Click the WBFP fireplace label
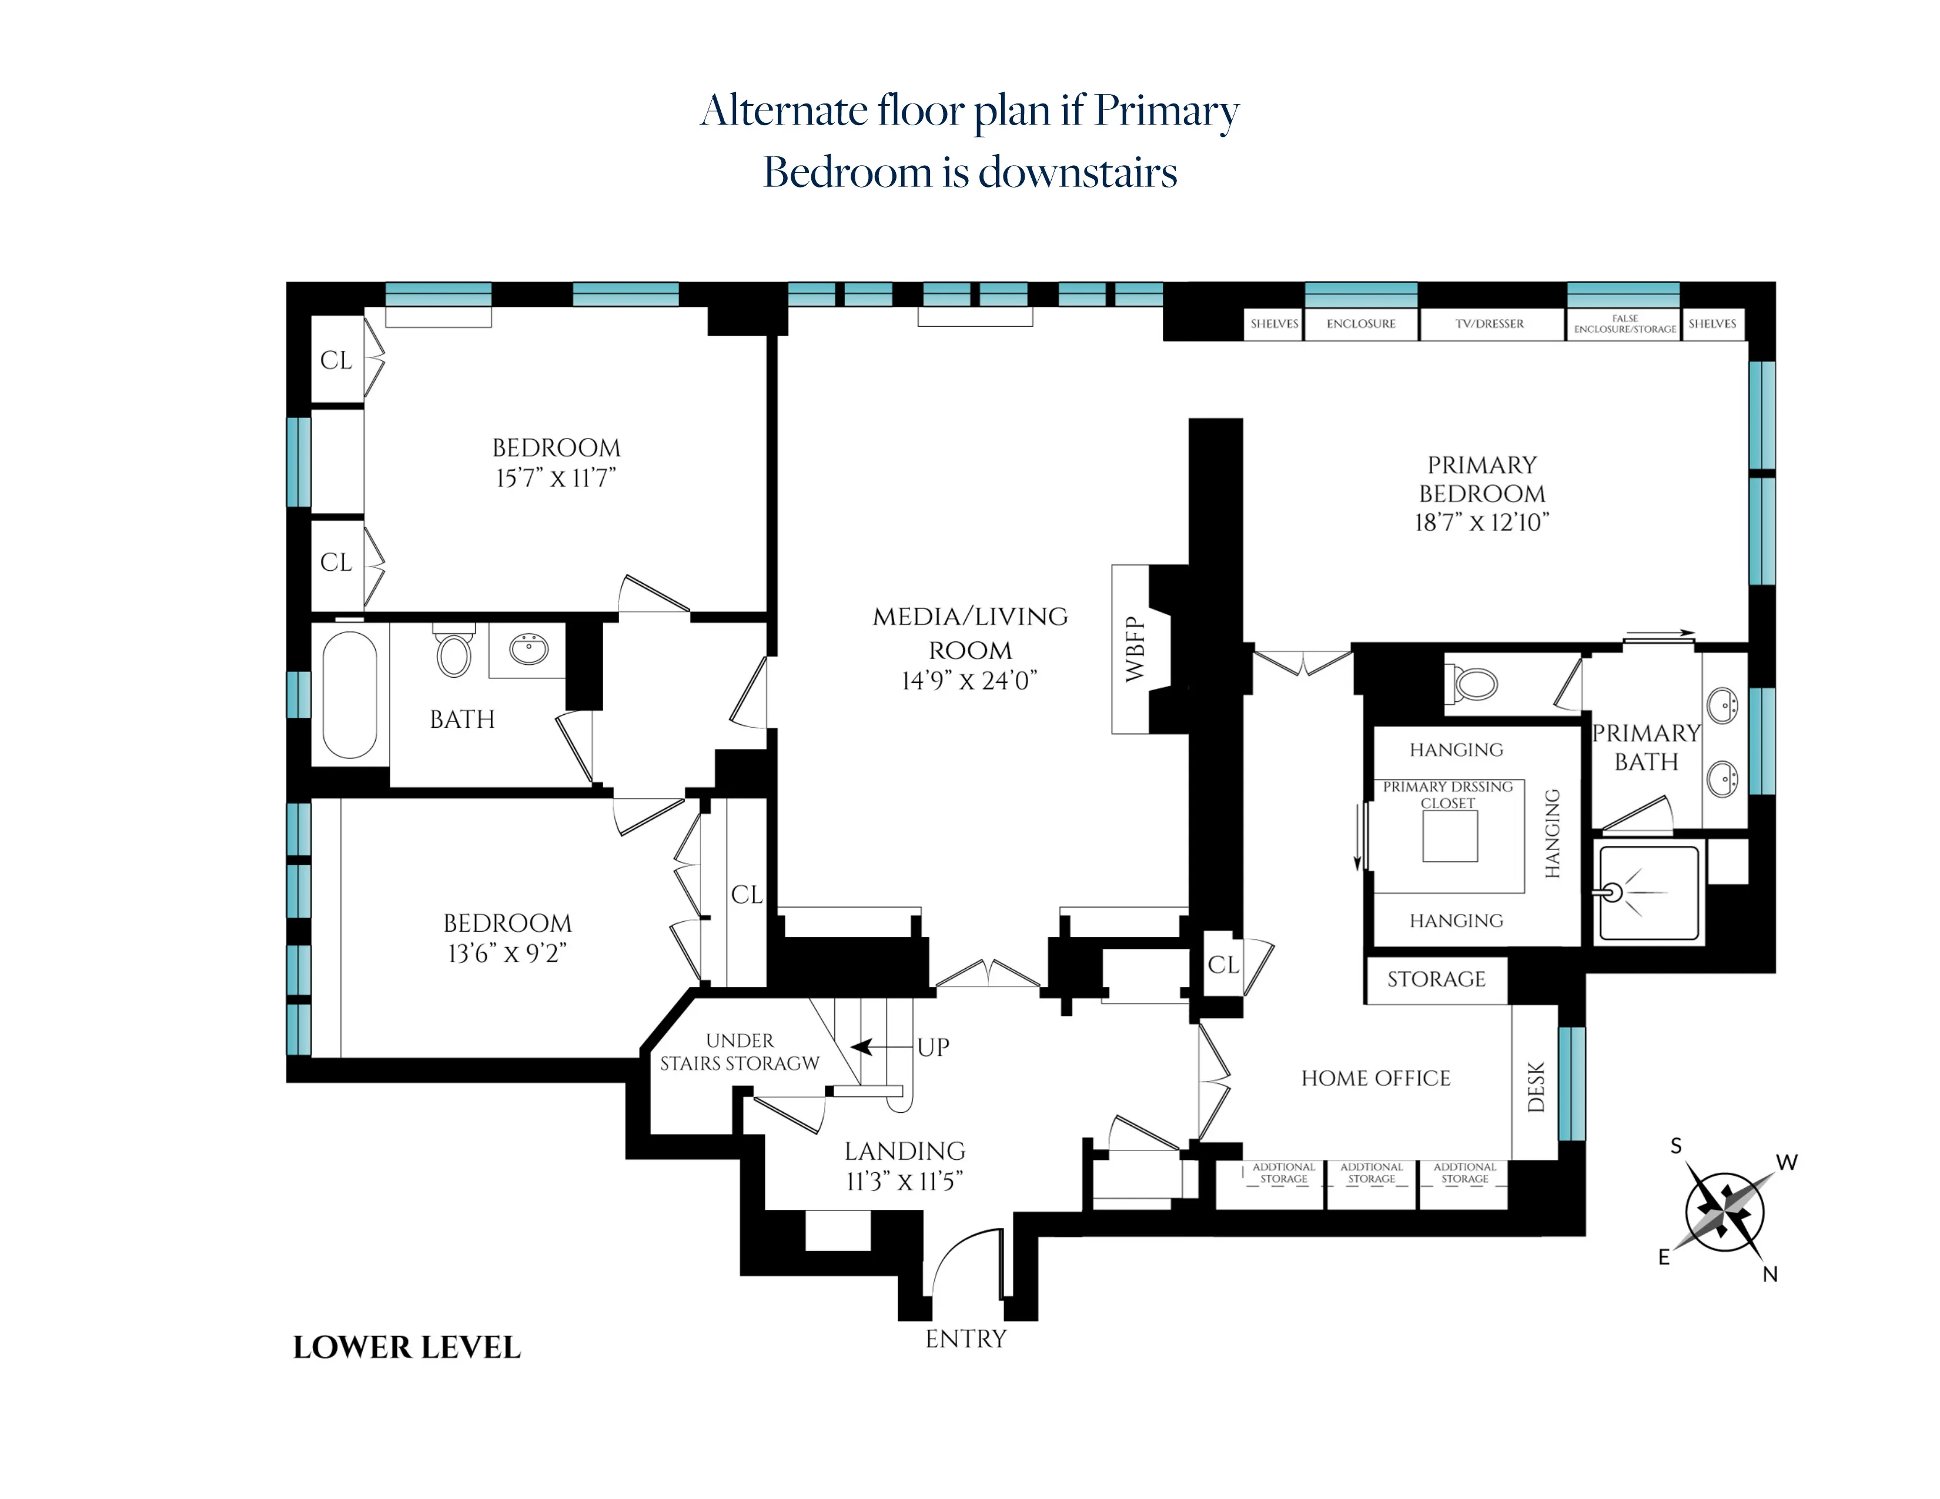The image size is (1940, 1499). [x=1135, y=649]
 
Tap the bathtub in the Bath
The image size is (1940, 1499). [x=350, y=694]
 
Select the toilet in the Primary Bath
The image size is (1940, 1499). [x=1476, y=684]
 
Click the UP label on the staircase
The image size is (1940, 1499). [x=933, y=1047]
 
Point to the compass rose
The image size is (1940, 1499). [x=1724, y=1212]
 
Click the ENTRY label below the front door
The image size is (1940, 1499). [x=965, y=1339]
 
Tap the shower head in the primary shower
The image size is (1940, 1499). [x=1612, y=892]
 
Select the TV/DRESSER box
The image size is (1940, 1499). [x=1490, y=324]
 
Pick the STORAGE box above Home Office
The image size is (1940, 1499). [x=1436, y=979]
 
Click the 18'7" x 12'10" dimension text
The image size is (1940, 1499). [x=1481, y=522]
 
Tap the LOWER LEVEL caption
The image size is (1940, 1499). [x=407, y=1347]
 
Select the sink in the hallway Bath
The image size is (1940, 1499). [x=529, y=648]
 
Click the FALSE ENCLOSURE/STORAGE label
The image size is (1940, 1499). [x=1625, y=324]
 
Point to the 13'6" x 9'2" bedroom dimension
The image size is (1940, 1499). [x=507, y=953]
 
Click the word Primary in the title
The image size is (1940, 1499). [x=1166, y=111]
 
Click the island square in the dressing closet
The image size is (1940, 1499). [x=1450, y=836]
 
